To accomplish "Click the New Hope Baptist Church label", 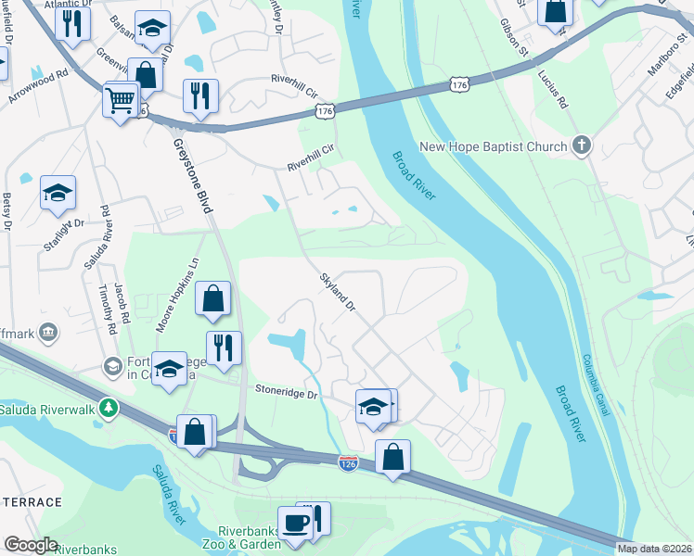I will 493,146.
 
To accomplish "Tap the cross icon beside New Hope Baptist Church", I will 581,145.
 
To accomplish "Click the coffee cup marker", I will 296,523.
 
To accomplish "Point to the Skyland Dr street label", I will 338,291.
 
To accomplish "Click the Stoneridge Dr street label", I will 287,395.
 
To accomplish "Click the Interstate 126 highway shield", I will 349,461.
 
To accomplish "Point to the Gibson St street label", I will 513,35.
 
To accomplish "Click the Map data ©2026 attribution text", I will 655,549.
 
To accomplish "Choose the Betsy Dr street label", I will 7,212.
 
